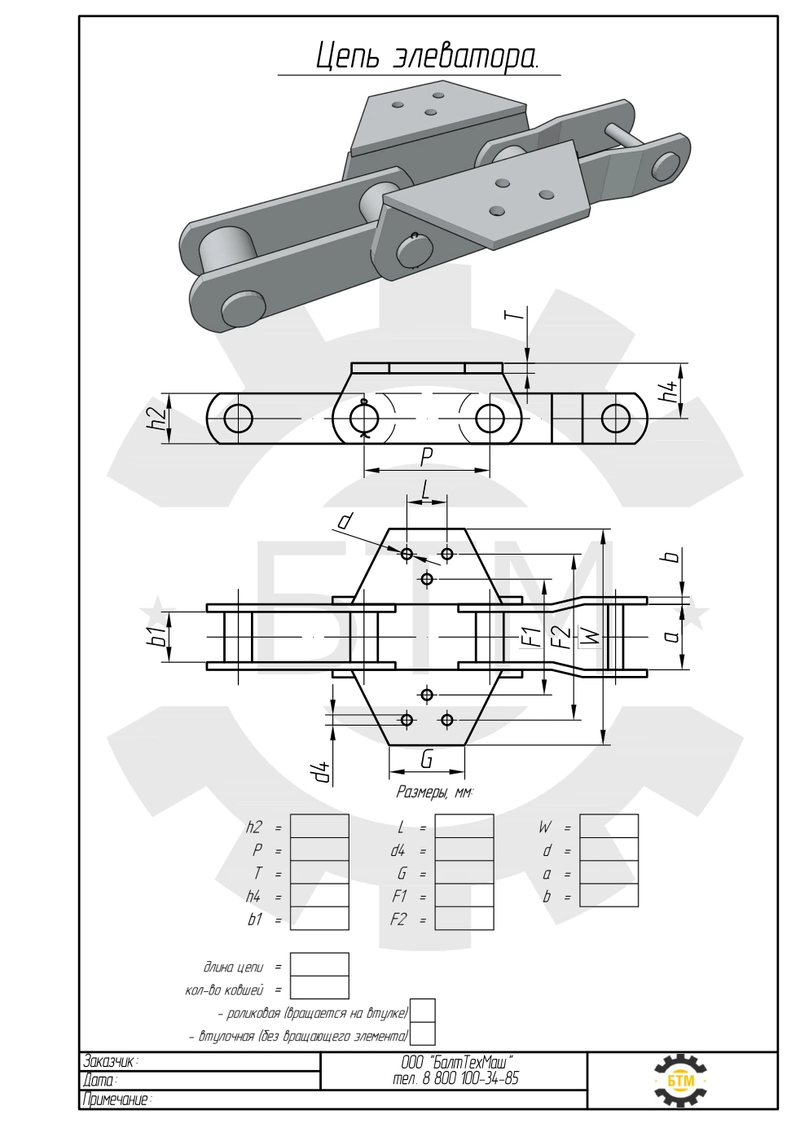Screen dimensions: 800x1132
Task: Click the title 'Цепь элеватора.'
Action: click(427, 56)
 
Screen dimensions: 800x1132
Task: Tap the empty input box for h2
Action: click(319, 826)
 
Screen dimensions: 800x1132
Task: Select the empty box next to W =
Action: click(609, 826)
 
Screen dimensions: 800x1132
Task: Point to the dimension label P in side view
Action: click(427, 458)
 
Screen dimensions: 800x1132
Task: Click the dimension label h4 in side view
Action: click(670, 391)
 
